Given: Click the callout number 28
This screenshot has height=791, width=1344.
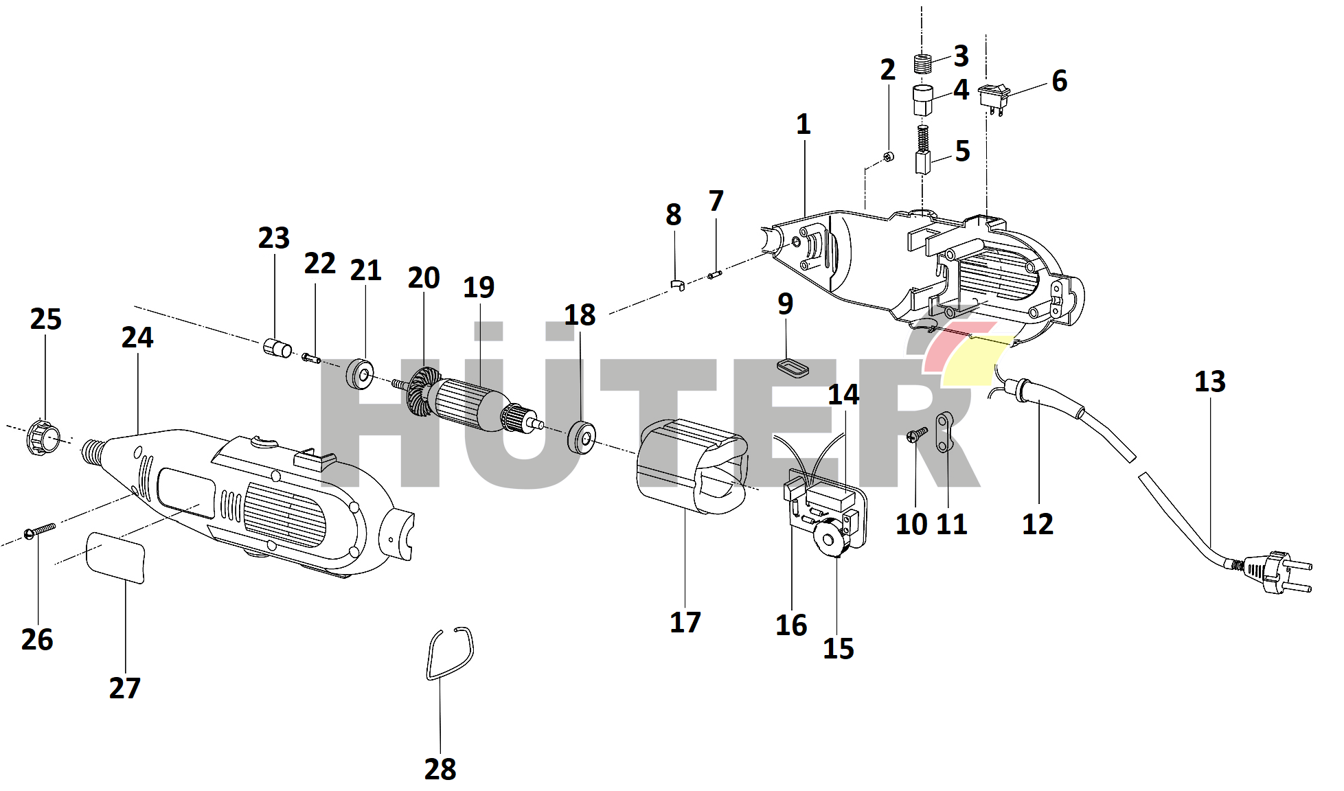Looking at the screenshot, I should pyautogui.click(x=440, y=769).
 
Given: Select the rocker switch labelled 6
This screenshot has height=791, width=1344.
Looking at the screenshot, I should pyautogui.click(x=994, y=96).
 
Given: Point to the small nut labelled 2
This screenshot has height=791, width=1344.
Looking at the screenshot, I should pyautogui.click(x=887, y=157).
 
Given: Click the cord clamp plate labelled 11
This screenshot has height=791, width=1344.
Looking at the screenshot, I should pyautogui.click(x=944, y=432).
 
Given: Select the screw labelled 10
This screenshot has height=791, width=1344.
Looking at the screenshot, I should pyautogui.click(x=916, y=434).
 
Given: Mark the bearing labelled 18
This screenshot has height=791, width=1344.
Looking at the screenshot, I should pyautogui.click(x=581, y=437).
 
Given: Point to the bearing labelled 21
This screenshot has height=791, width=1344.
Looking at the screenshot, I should pyautogui.click(x=360, y=374).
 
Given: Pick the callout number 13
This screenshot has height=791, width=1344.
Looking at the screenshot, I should pyautogui.click(x=1209, y=382).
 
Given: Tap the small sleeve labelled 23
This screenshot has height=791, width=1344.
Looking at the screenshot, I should pyautogui.click(x=277, y=347).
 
